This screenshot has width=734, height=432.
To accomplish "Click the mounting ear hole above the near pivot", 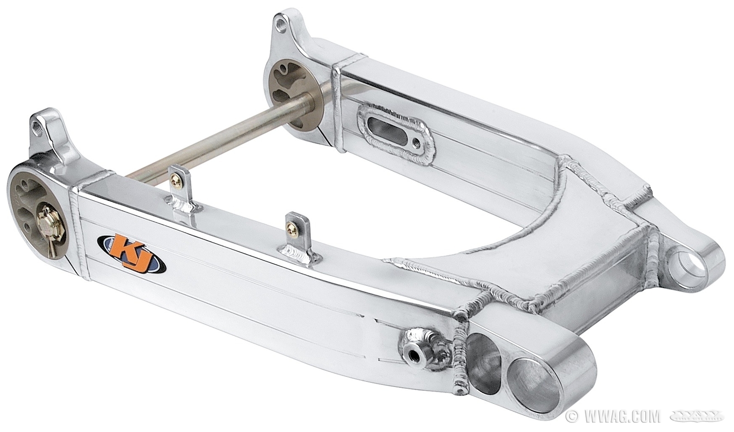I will pyautogui.click(x=43, y=126).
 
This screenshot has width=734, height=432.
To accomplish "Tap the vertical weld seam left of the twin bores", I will pyautogui.click(x=460, y=358).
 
